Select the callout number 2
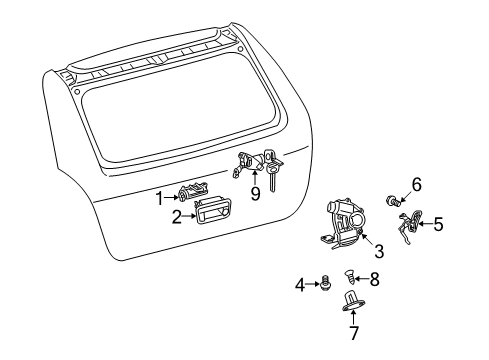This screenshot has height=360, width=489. [176, 216]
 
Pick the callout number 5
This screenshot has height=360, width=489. [437, 225]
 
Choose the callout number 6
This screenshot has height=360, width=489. [416, 184]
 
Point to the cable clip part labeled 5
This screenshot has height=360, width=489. [408, 230]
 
